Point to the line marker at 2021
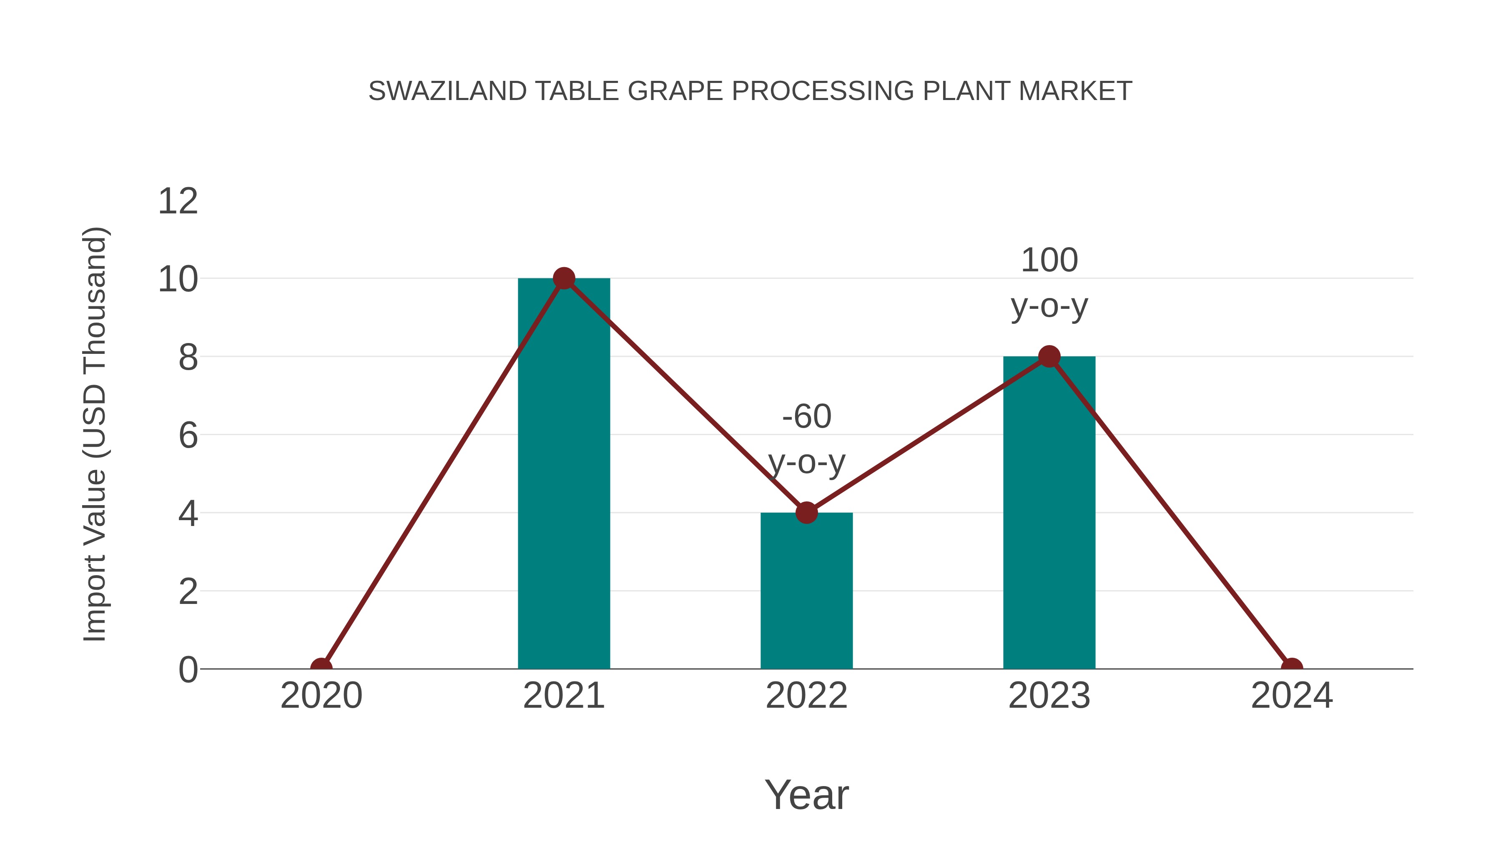[x=563, y=278]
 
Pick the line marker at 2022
[x=806, y=513]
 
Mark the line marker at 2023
[x=1049, y=356]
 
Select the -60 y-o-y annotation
[x=806, y=439]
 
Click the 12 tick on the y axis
[x=178, y=202]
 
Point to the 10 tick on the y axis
[x=178, y=280]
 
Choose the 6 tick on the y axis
[x=188, y=436]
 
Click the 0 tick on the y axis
[x=188, y=670]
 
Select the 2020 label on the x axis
[x=321, y=696]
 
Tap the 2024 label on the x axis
[x=1292, y=696]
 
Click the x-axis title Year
[x=806, y=794]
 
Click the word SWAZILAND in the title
[x=447, y=91]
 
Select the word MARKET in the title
[x=1075, y=91]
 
